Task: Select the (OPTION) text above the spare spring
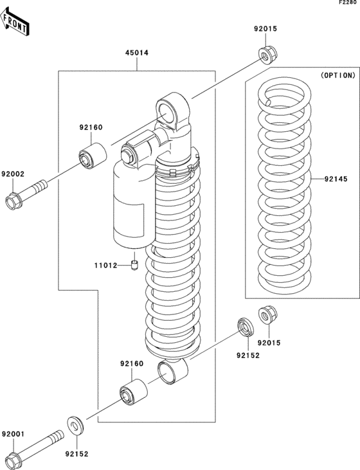(337, 75)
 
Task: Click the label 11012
(105, 265)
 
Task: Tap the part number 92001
(12, 434)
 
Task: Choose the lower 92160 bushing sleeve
(133, 392)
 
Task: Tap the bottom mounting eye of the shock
(172, 372)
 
